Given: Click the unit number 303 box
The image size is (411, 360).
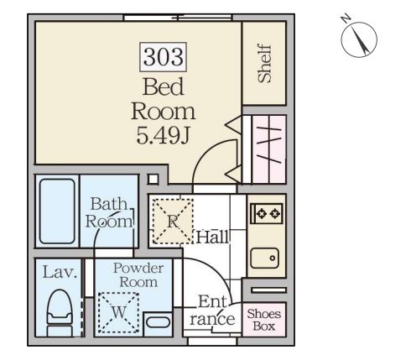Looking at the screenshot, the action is pyautogui.click(x=164, y=57).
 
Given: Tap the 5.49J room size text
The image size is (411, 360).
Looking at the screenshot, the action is pyautogui.click(x=163, y=135).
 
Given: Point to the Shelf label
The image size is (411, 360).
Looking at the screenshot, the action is pyautogui.click(x=265, y=64).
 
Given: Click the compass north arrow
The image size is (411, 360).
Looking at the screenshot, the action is pyautogui.click(x=362, y=40).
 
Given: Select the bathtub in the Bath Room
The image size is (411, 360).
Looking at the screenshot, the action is pyautogui.click(x=57, y=211).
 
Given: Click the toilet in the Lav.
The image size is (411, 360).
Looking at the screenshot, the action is pyautogui.click(x=59, y=313).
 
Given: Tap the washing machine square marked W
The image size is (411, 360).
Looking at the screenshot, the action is pyautogui.click(x=118, y=312).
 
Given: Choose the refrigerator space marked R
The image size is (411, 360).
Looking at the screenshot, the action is pyautogui.click(x=173, y=221).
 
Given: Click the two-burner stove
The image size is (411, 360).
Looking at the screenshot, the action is pyautogui.click(x=267, y=213).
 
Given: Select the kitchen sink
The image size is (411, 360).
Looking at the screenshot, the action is pyautogui.click(x=265, y=258).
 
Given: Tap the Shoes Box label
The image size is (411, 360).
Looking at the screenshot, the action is pyautogui.click(x=264, y=320).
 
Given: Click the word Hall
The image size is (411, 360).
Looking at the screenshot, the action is pyautogui.click(x=212, y=237).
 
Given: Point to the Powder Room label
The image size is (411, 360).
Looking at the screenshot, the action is pyautogui.click(x=138, y=275).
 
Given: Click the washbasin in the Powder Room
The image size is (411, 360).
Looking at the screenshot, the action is pyautogui.click(x=158, y=322).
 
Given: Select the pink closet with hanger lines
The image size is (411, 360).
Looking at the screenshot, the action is pyautogui.click(x=268, y=149).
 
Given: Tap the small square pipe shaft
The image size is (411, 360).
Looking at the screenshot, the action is pyautogui.click(x=153, y=179).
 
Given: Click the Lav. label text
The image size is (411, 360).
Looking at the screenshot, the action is pyautogui.click(x=60, y=272).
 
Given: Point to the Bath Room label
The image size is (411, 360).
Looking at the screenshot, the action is pyautogui.click(x=109, y=212).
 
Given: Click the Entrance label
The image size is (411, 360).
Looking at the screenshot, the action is pyautogui.click(x=212, y=310).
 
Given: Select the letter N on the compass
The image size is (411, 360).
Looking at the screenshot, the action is pyautogui.click(x=346, y=18).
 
